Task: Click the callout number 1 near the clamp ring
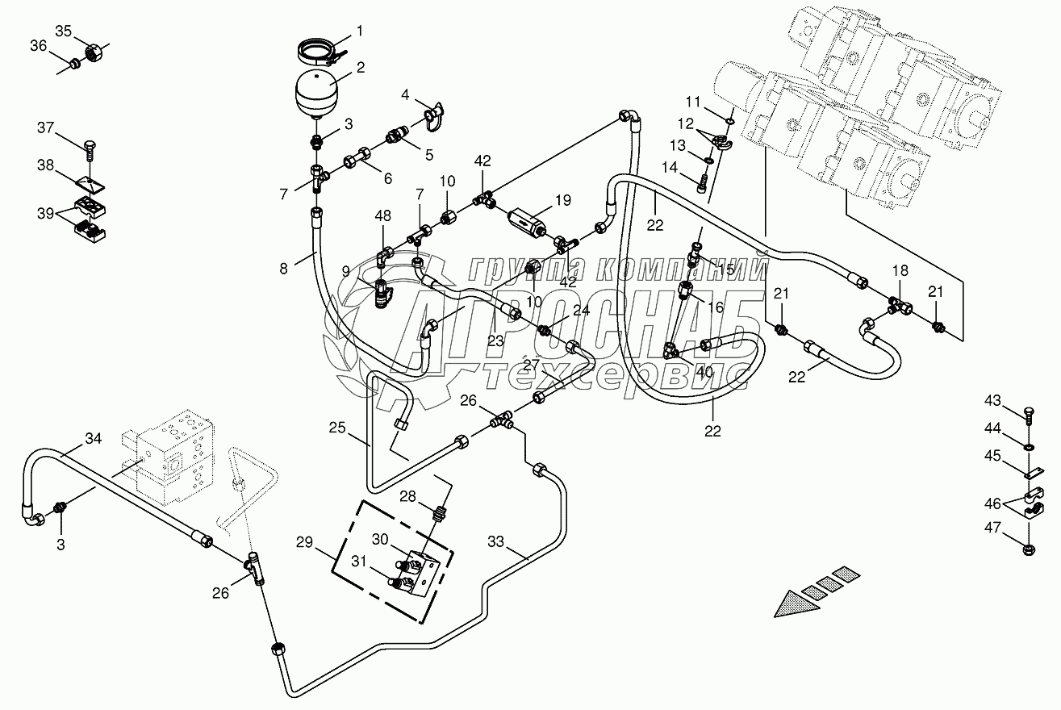pyautogui.click(x=359, y=31)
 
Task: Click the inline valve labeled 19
pyautogui.click(x=528, y=219)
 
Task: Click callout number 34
pyautogui.click(x=94, y=439)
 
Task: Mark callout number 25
pyautogui.click(x=336, y=427)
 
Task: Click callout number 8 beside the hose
pyautogui.click(x=283, y=269)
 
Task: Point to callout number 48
pyautogui.click(x=383, y=215)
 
